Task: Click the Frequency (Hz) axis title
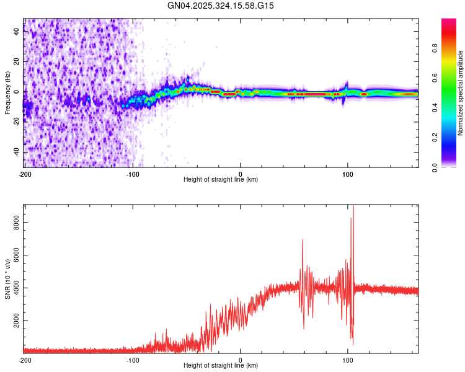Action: tap(7, 93)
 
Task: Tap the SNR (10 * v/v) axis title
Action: tap(7, 278)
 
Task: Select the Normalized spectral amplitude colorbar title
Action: tap(461, 93)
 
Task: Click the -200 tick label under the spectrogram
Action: tap(25, 173)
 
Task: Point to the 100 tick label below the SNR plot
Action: tap(348, 360)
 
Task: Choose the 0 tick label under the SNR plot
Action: tap(241, 360)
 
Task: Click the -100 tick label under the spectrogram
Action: tap(133, 173)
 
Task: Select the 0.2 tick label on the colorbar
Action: tap(436, 137)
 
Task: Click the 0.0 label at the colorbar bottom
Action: tap(436, 166)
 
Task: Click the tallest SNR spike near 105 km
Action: tap(353, 207)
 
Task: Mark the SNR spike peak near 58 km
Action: tap(303, 240)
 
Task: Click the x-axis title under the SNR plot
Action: tap(221, 366)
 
